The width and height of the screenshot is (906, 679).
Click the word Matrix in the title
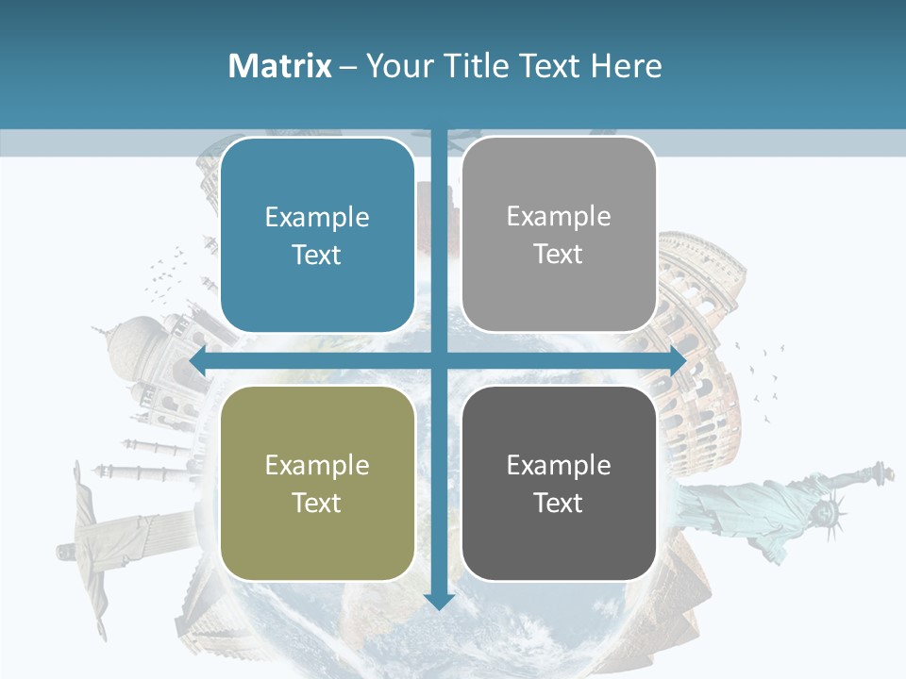tap(279, 66)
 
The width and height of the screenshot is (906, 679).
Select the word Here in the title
tap(627, 66)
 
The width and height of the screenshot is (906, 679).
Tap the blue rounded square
tap(317, 235)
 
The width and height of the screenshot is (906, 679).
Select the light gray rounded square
tap(559, 235)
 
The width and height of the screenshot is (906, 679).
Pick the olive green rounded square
tap(317, 483)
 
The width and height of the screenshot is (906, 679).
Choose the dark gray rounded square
tap(559, 483)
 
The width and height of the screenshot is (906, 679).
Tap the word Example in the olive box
tap(317, 465)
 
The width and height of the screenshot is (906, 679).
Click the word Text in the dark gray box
tap(559, 503)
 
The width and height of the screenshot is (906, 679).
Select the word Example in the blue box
tap(317, 217)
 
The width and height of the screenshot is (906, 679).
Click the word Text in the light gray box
tap(559, 254)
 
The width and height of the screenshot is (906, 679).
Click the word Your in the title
tap(397, 66)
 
